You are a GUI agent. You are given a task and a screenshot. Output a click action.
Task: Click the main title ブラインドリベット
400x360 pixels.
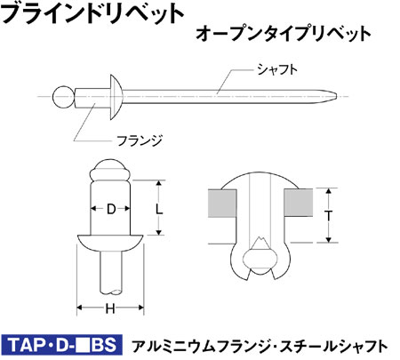coord(92,12)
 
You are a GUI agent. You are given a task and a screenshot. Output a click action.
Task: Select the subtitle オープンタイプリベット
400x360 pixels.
coord(284,34)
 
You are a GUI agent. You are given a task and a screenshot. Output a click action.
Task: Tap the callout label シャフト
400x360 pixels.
coord(277,69)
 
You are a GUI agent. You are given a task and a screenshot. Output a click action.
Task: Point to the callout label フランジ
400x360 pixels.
coord(140,140)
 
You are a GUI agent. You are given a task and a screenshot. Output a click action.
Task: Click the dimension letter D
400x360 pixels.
coord(111,209)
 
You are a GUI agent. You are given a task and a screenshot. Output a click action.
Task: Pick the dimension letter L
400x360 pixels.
coord(159,210)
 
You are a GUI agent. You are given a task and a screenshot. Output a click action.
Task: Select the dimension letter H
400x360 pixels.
coord(110,309)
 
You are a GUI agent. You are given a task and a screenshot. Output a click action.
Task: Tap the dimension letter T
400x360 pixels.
coord(328,216)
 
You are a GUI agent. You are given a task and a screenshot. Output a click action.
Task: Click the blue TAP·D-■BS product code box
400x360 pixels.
coord(61,345)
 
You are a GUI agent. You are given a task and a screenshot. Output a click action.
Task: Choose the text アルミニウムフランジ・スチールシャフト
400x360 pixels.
coord(260,346)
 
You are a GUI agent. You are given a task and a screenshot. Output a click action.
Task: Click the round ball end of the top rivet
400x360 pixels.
coord(63,97)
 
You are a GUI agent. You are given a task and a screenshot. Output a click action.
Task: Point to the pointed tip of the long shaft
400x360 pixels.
coord(335,96)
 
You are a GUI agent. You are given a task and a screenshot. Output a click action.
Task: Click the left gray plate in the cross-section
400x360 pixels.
coord(222,204)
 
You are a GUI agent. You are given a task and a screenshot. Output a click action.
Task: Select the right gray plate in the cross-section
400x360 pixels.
coord(299,203)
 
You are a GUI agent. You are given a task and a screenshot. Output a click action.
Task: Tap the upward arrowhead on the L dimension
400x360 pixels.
coord(159,184)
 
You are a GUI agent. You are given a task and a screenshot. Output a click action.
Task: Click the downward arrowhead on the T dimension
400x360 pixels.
coord(328,239)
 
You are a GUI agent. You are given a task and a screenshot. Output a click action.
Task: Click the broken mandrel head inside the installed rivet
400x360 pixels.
coord(260,258)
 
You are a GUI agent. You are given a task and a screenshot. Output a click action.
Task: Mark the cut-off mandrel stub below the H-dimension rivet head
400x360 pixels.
coord(110,272)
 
